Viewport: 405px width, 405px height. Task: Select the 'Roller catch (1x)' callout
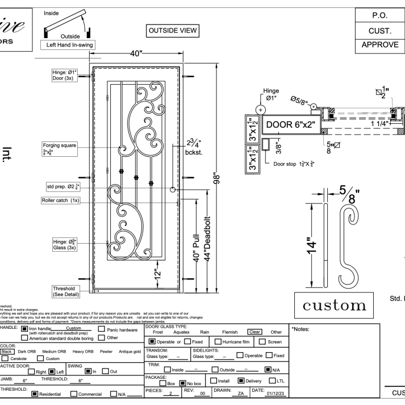click(x=61, y=201)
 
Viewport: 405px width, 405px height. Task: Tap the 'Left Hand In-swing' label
click(x=67, y=44)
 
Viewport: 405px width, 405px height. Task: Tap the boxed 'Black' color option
click(x=7, y=352)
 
